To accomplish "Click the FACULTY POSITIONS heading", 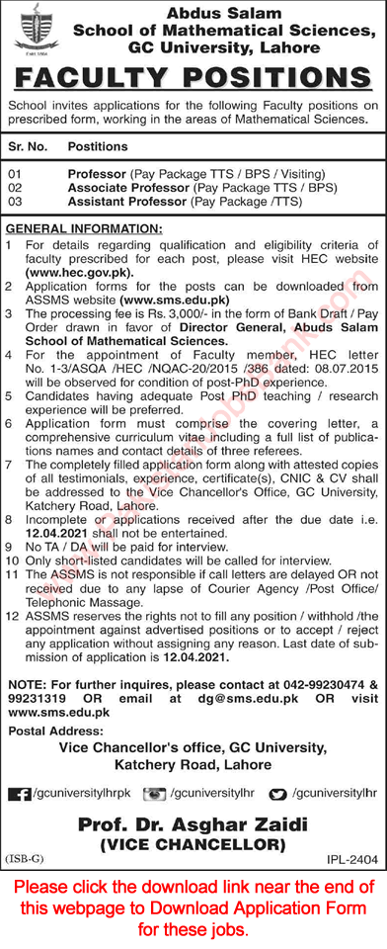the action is (193, 80).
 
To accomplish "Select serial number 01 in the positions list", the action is (15, 170).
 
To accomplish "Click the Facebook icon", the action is (18, 794).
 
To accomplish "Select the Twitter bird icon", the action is (278, 794).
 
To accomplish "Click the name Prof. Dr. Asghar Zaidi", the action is (193, 825).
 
